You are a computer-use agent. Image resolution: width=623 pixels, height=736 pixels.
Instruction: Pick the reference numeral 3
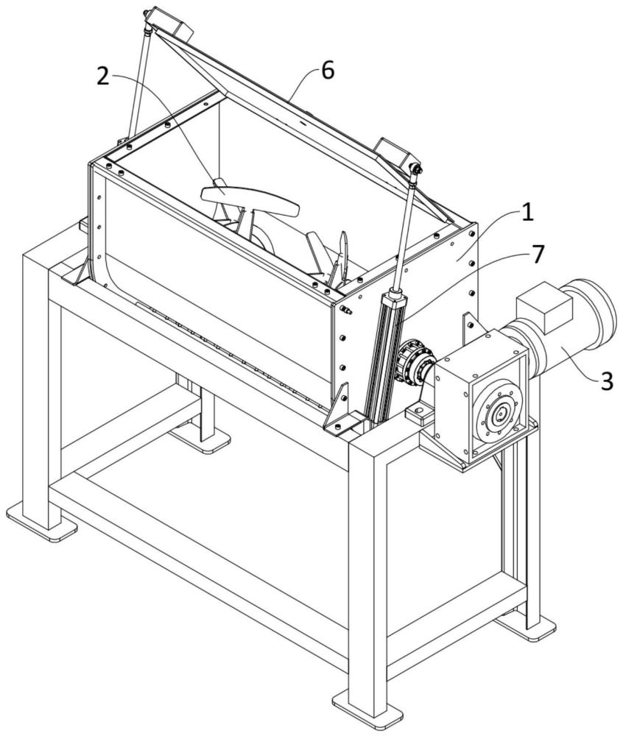click(606, 381)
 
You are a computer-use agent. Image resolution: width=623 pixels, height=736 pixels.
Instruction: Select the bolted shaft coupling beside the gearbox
click(413, 361)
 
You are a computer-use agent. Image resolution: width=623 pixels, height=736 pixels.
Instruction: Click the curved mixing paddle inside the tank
click(250, 198)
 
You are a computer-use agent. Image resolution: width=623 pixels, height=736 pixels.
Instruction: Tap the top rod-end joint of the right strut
click(417, 171)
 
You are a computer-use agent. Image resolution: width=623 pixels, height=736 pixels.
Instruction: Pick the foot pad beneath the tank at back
click(199, 439)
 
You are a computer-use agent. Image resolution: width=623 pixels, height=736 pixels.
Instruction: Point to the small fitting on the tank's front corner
click(345, 310)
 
